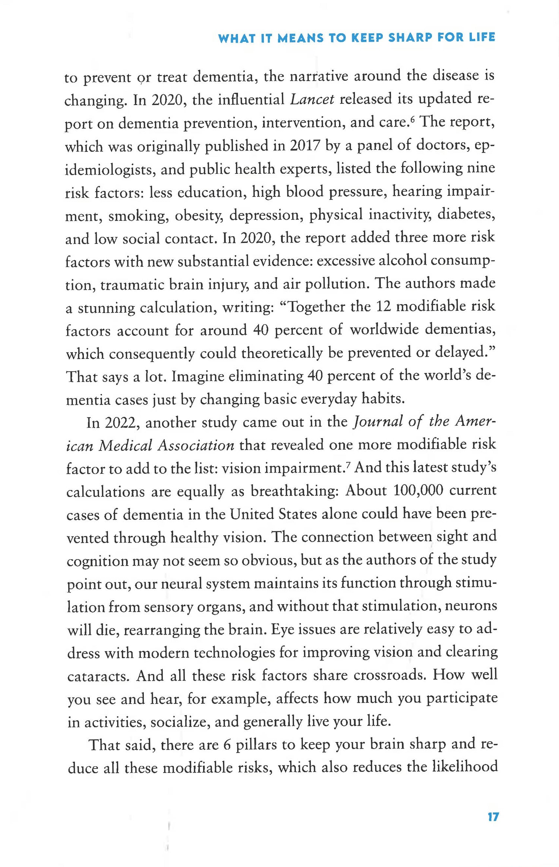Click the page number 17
tap(493, 817)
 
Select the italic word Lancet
tap(312, 100)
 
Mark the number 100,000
tap(418, 490)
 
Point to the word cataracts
tap(98, 676)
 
